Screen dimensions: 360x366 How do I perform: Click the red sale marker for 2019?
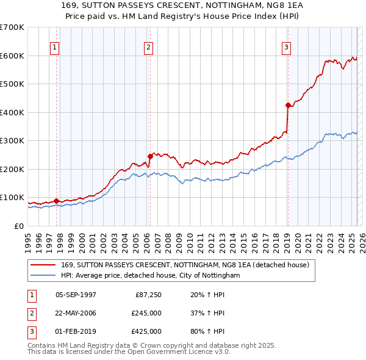point(288,105)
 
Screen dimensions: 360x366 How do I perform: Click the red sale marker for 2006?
point(150,156)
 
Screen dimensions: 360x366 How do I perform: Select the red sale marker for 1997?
point(56,201)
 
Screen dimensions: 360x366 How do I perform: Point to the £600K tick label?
point(12,56)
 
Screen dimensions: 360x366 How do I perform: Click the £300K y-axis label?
point(12,141)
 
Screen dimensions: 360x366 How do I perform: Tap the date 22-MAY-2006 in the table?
point(76,314)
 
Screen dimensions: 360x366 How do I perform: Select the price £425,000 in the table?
point(146,331)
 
